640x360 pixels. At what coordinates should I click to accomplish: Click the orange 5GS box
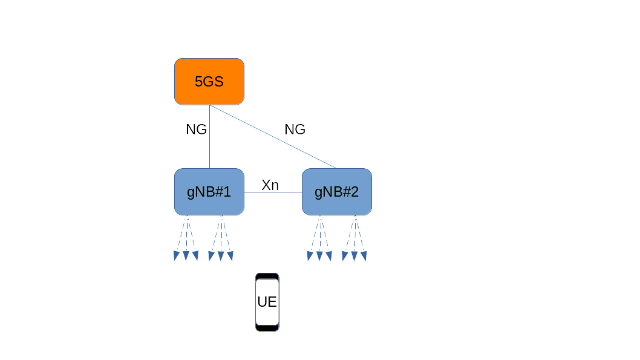[209, 81]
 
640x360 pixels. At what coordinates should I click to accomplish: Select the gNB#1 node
[209, 192]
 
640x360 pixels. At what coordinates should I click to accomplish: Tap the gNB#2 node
[337, 192]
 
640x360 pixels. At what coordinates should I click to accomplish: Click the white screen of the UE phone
[267, 301]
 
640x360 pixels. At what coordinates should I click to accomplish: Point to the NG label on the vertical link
[196, 129]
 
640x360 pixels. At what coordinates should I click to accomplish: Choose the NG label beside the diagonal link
[295, 129]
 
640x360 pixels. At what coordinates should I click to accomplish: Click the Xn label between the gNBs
[270, 185]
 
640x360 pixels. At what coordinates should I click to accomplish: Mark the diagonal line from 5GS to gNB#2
[272, 137]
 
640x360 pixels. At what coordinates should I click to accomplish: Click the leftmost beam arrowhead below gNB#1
[177, 256]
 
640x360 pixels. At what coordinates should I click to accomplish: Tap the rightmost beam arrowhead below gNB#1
[230, 256]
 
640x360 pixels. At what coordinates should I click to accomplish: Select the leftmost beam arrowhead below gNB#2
[310, 256]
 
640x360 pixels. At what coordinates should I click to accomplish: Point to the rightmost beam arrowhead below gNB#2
[364, 256]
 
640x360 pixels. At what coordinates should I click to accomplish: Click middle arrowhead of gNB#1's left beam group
[186, 256]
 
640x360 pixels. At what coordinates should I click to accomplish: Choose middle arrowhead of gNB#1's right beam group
[221, 256]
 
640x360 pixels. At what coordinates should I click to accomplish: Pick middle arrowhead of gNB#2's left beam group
[319, 256]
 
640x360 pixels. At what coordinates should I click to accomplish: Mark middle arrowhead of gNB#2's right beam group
[354, 256]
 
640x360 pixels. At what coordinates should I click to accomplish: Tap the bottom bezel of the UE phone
[267, 328]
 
